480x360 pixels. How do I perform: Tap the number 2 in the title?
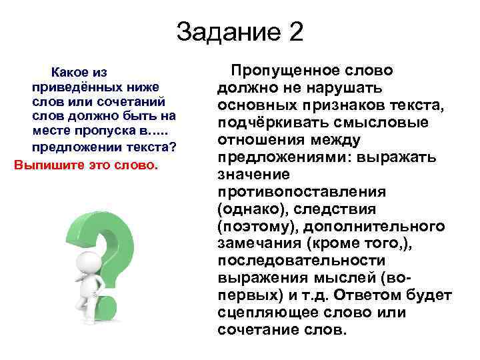click(294, 32)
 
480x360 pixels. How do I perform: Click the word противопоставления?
click(301, 192)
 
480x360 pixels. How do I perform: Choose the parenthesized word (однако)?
click(249, 209)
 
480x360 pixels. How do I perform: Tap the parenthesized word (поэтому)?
click(255, 227)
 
